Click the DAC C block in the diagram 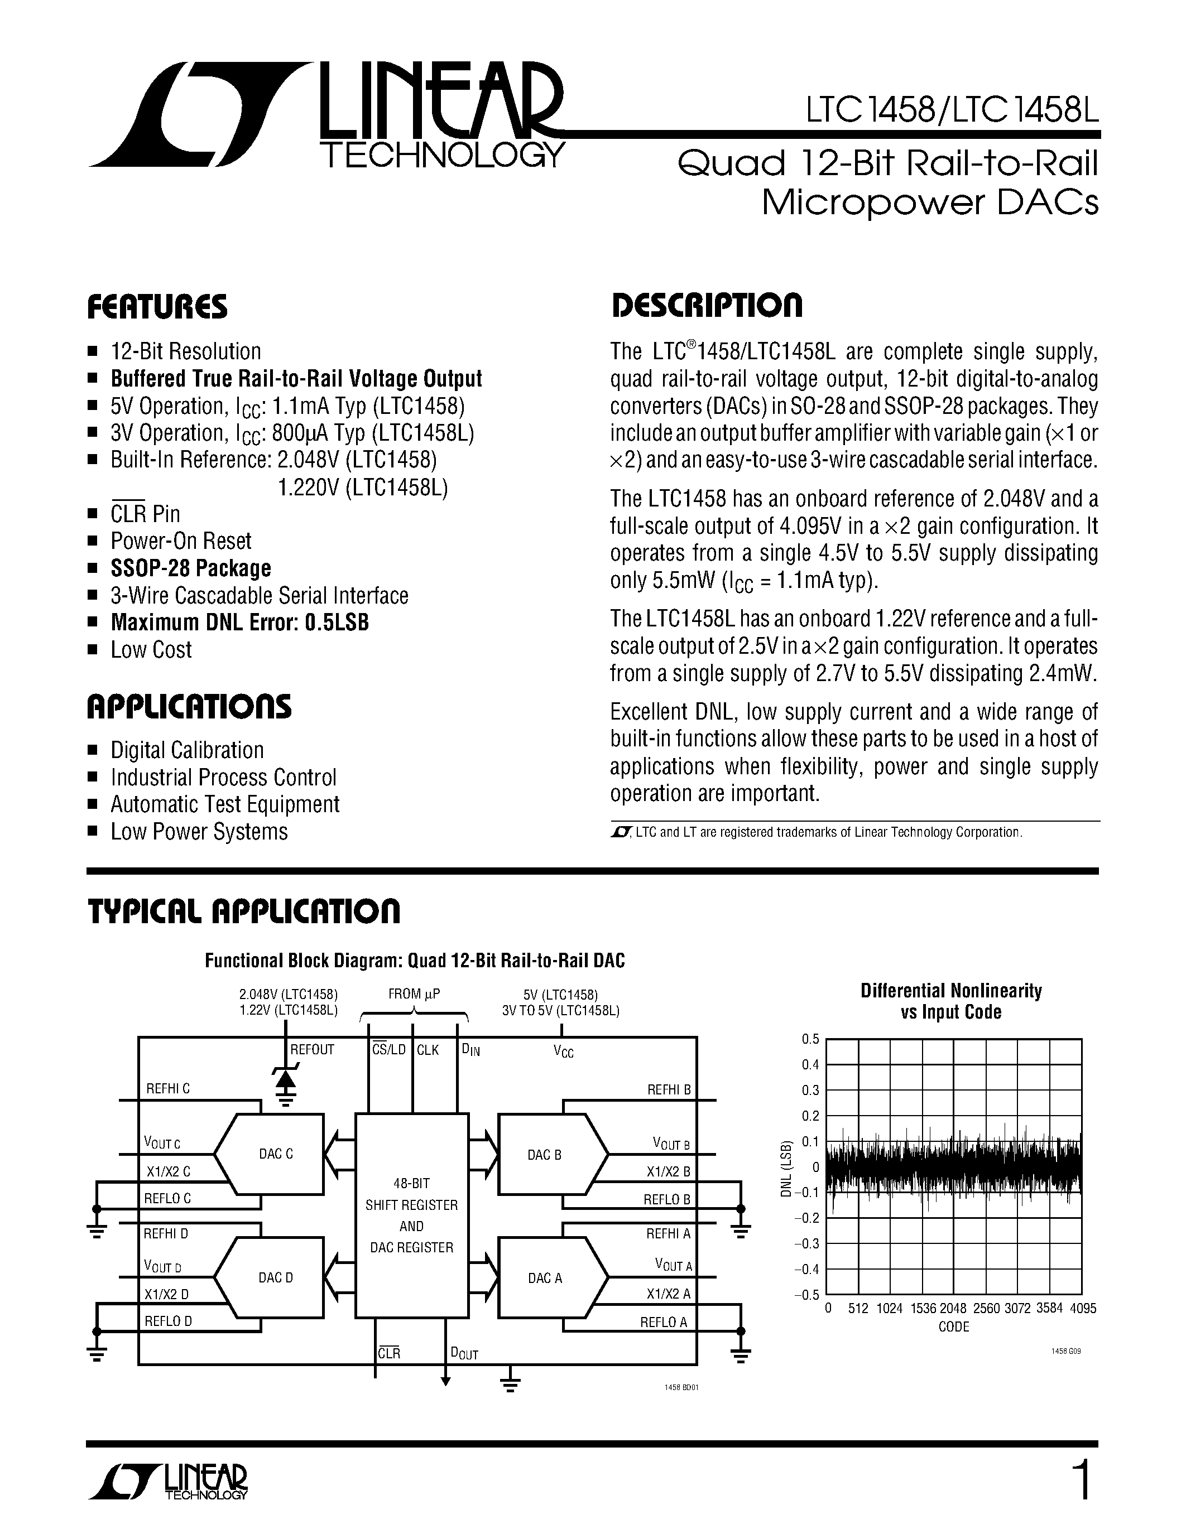click(275, 1154)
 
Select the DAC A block click(545, 1279)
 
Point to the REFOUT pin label click(312, 1050)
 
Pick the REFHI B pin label click(668, 1089)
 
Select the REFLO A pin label click(662, 1322)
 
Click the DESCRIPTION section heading click(706, 306)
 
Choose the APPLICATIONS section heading click(189, 707)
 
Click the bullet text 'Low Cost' click(151, 650)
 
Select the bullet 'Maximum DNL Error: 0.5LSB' click(239, 623)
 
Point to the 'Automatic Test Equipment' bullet click(225, 804)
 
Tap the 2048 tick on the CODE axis click(953, 1309)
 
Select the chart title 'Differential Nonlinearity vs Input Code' click(950, 1001)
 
